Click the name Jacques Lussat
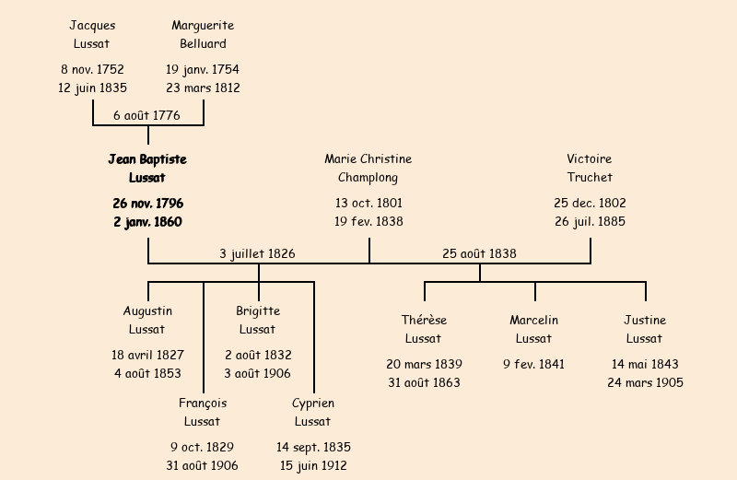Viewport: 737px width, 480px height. coord(92,34)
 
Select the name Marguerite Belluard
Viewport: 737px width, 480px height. coord(203,34)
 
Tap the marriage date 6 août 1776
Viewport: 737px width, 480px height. coord(146,116)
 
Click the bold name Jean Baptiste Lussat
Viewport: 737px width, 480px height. coord(147,169)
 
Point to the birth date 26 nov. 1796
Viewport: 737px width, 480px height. coord(147,203)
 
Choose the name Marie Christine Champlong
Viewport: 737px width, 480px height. coord(368,169)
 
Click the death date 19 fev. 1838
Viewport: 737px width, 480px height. coord(368,222)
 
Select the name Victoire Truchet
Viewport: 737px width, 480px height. coord(590,169)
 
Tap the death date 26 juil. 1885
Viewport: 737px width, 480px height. coord(590,222)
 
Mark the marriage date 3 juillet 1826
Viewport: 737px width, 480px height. coord(257,254)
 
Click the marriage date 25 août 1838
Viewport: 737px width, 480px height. coord(479,254)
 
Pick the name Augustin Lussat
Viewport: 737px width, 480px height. coord(147,321)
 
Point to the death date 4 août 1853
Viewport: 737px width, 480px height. coord(147,374)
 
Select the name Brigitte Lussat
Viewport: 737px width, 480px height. coord(258,321)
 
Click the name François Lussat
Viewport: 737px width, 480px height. coord(203,413)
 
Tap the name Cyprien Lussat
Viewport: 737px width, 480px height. coord(313,413)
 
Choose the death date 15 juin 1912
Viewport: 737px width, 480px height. coord(313,466)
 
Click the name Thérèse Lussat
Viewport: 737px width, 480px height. coord(424,330)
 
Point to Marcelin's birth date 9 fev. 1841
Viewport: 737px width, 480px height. coord(534,365)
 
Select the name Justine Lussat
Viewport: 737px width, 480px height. coord(645,330)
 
